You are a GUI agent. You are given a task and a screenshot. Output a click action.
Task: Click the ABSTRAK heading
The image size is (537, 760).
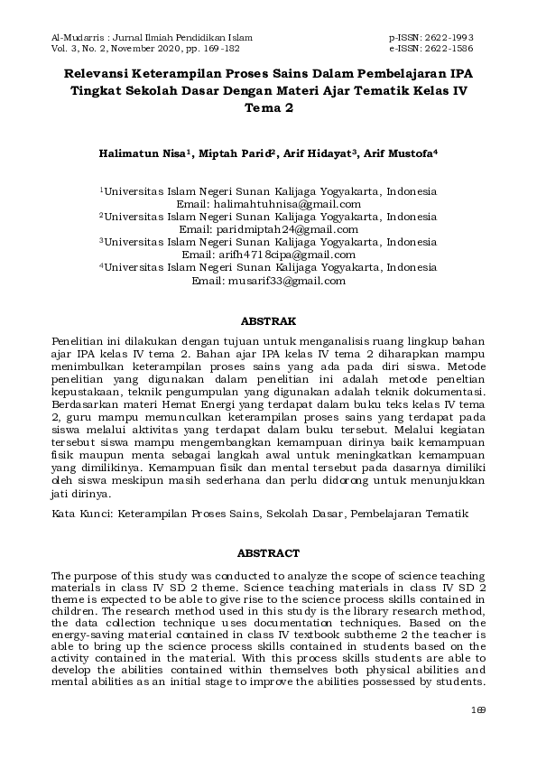point(268,320)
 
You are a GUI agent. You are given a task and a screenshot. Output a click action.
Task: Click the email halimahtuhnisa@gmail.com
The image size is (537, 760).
point(280,205)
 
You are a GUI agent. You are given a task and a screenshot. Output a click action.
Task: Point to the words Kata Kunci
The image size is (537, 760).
point(75,513)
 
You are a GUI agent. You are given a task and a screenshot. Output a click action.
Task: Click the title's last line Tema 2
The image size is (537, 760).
point(268,107)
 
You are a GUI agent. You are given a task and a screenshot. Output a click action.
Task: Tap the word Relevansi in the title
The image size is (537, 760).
point(97,73)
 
